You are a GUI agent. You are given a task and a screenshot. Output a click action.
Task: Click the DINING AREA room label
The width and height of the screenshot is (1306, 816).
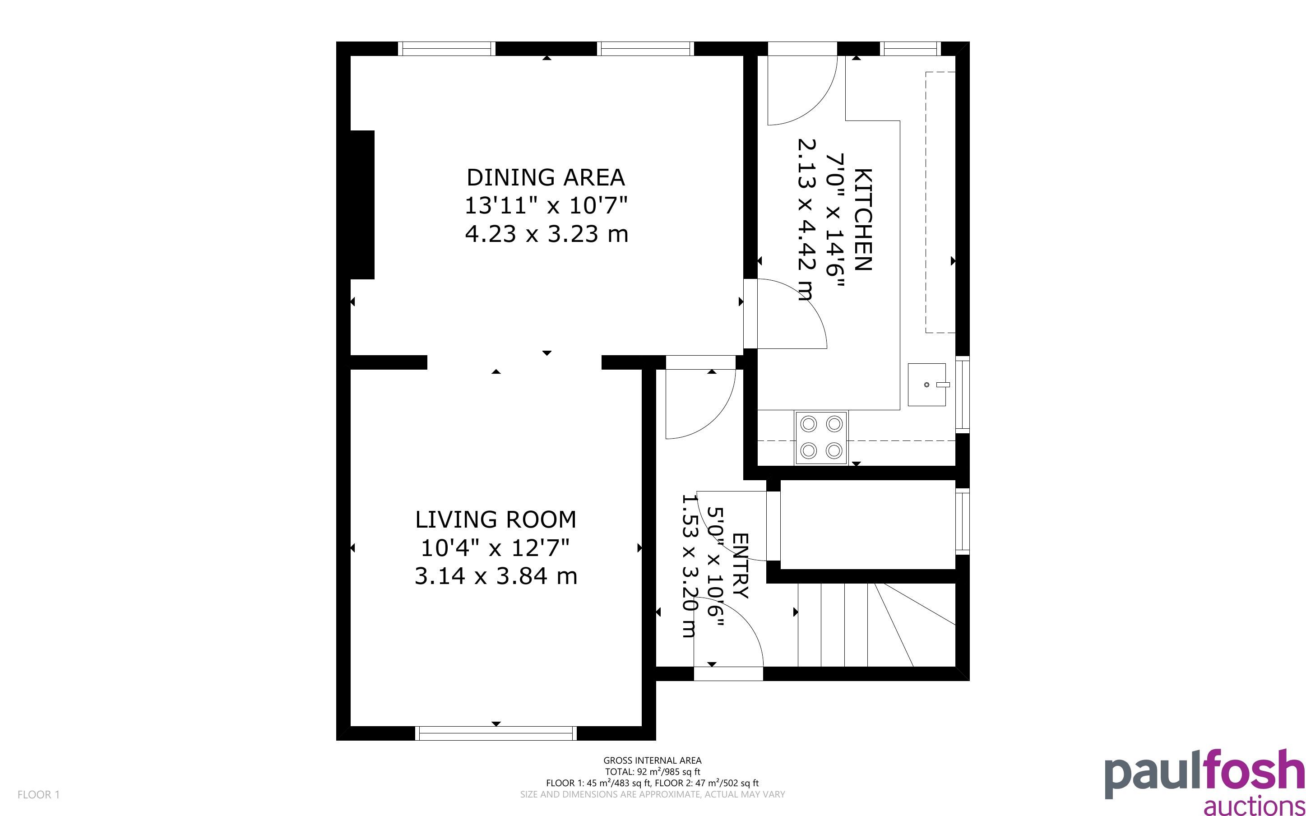pos(546,177)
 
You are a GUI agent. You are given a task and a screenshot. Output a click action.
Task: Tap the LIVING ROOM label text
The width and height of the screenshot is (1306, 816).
pos(496,520)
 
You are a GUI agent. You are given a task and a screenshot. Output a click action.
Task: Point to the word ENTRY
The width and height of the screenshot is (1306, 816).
pos(740,566)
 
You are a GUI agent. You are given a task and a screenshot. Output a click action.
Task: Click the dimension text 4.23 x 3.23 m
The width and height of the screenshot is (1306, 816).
pos(546,234)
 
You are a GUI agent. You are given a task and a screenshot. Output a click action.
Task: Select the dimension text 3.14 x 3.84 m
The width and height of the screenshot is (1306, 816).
pos(496,576)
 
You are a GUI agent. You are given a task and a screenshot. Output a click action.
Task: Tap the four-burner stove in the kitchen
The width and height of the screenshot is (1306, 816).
pos(821,437)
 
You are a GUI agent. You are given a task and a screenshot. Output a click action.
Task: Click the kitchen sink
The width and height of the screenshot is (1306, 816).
pos(927,384)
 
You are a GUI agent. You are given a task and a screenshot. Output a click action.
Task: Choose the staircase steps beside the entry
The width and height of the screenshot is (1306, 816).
pos(876,625)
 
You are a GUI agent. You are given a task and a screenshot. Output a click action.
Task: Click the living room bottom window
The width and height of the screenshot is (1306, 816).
pos(496,733)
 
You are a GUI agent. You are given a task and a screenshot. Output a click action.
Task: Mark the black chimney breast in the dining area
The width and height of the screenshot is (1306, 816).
pos(362,204)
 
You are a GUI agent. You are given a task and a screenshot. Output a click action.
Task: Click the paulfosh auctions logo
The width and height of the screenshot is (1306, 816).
pos(1204,781)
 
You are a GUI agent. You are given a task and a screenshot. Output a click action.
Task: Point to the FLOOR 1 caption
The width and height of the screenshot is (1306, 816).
pos(38,795)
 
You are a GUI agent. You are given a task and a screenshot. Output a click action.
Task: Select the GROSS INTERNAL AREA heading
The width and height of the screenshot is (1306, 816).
pos(652,760)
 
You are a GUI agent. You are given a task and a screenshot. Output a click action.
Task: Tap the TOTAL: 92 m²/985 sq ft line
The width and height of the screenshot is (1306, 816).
pos(652,772)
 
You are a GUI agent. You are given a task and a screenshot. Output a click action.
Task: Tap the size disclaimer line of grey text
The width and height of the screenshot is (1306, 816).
pos(652,794)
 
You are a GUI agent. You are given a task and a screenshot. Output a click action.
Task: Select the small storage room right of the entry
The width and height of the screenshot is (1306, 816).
pos(867,524)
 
